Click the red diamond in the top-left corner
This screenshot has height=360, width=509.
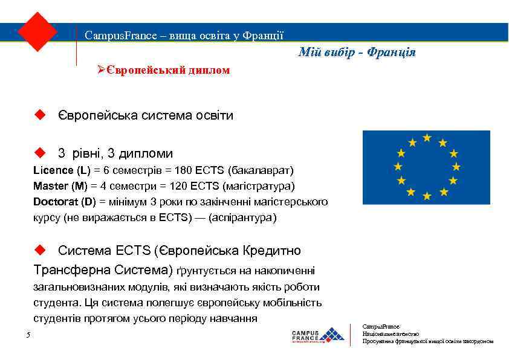(x=37, y=31)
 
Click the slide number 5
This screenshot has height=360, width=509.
(x=28, y=336)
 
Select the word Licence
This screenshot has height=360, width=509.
(x=51, y=170)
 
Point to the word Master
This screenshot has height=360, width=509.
(x=50, y=186)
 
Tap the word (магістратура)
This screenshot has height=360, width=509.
(x=259, y=186)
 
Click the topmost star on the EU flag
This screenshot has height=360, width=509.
(x=427, y=138)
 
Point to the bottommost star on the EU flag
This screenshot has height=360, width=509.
(x=427, y=196)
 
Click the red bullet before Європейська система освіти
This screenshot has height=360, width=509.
(x=41, y=115)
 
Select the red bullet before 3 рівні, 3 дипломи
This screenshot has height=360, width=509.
(x=41, y=153)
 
